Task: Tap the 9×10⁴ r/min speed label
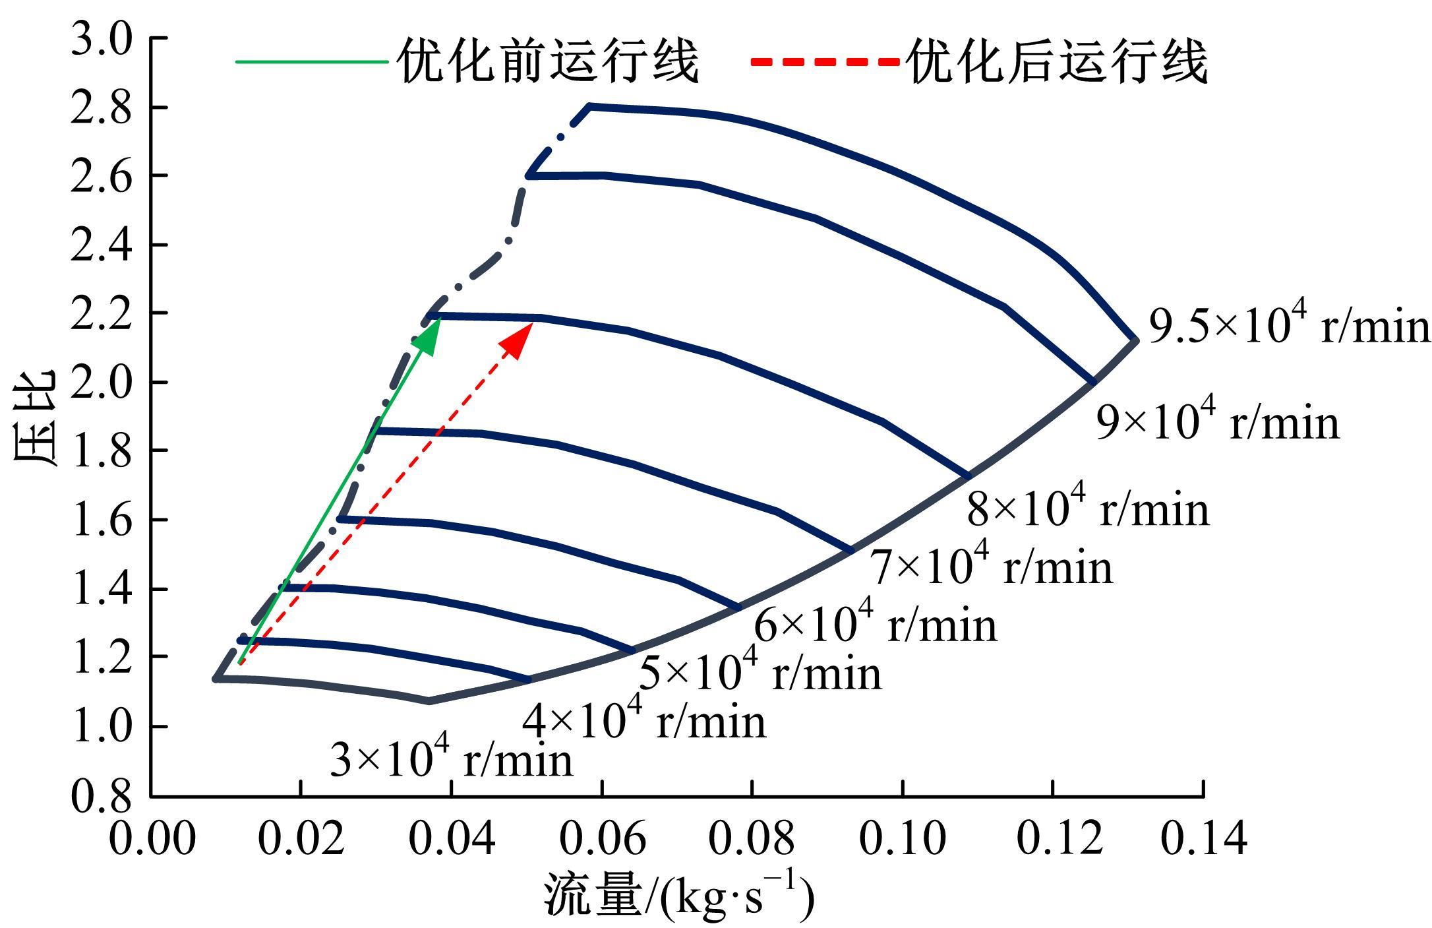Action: click(x=1218, y=421)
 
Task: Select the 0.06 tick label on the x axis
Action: click(x=603, y=839)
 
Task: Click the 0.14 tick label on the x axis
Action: click(x=1204, y=839)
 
